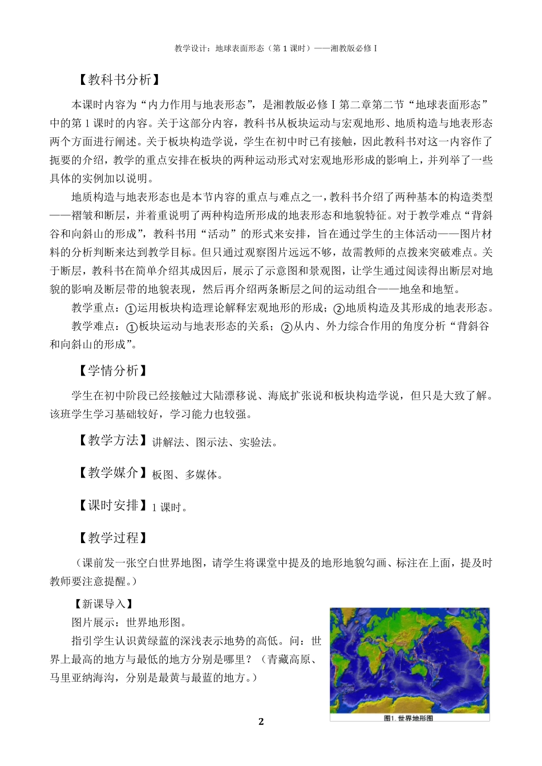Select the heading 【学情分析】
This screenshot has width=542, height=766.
point(111,370)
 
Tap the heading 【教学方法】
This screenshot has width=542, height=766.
point(111,441)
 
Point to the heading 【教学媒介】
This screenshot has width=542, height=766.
point(111,473)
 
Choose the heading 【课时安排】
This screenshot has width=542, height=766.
point(111,506)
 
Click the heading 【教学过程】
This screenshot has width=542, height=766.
point(111,538)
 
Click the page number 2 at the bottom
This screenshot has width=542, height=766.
point(261,722)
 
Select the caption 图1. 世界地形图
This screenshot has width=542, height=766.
point(408,718)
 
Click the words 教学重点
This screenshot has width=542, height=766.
point(93,308)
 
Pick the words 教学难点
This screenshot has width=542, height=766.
point(93,327)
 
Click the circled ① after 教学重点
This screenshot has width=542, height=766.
point(131,309)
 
